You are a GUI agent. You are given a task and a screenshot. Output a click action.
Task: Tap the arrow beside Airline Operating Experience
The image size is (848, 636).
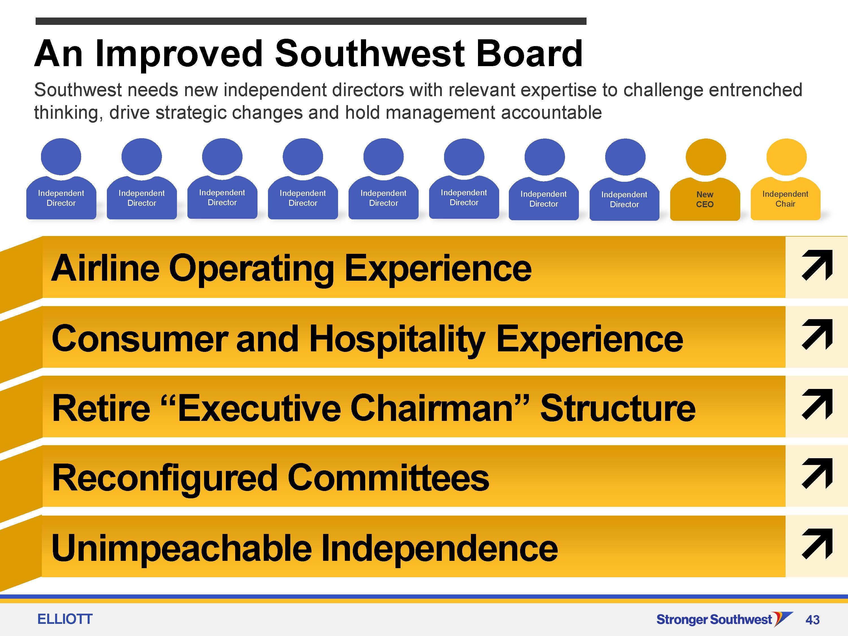(x=817, y=265)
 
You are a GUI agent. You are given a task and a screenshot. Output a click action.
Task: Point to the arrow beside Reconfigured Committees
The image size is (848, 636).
(x=817, y=474)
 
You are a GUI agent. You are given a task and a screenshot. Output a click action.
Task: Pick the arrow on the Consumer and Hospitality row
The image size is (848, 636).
(x=817, y=335)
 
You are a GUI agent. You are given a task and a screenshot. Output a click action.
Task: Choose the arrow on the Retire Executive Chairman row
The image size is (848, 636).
(x=817, y=404)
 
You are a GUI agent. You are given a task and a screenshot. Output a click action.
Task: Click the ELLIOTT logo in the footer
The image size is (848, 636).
(x=65, y=619)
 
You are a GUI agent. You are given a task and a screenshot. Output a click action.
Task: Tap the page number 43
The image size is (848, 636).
(x=812, y=620)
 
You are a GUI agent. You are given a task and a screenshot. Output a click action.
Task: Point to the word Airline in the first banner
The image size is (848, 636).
(x=105, y=268)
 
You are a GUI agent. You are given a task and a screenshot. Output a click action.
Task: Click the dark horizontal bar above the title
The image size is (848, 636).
(x=311, y=21)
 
